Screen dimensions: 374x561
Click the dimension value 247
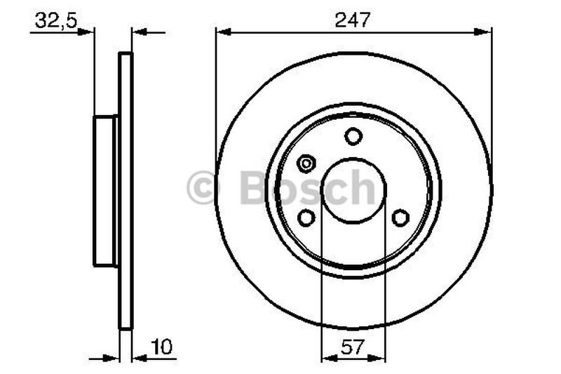(x=353, y=20)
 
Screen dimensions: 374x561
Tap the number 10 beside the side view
(x=161, y=346)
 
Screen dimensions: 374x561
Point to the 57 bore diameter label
(x=353, y=346)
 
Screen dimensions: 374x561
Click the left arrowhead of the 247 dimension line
(x=222, y=32)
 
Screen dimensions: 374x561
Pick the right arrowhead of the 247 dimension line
(x=485, y=32)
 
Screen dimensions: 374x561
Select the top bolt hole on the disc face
(x=353, y=136)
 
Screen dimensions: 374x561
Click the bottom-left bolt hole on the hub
(x=306, y=218)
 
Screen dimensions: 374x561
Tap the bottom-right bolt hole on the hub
(x=400, y=218)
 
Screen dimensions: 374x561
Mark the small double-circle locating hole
(x=306, y=163)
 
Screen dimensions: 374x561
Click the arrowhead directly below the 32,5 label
(x=86, y=32)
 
